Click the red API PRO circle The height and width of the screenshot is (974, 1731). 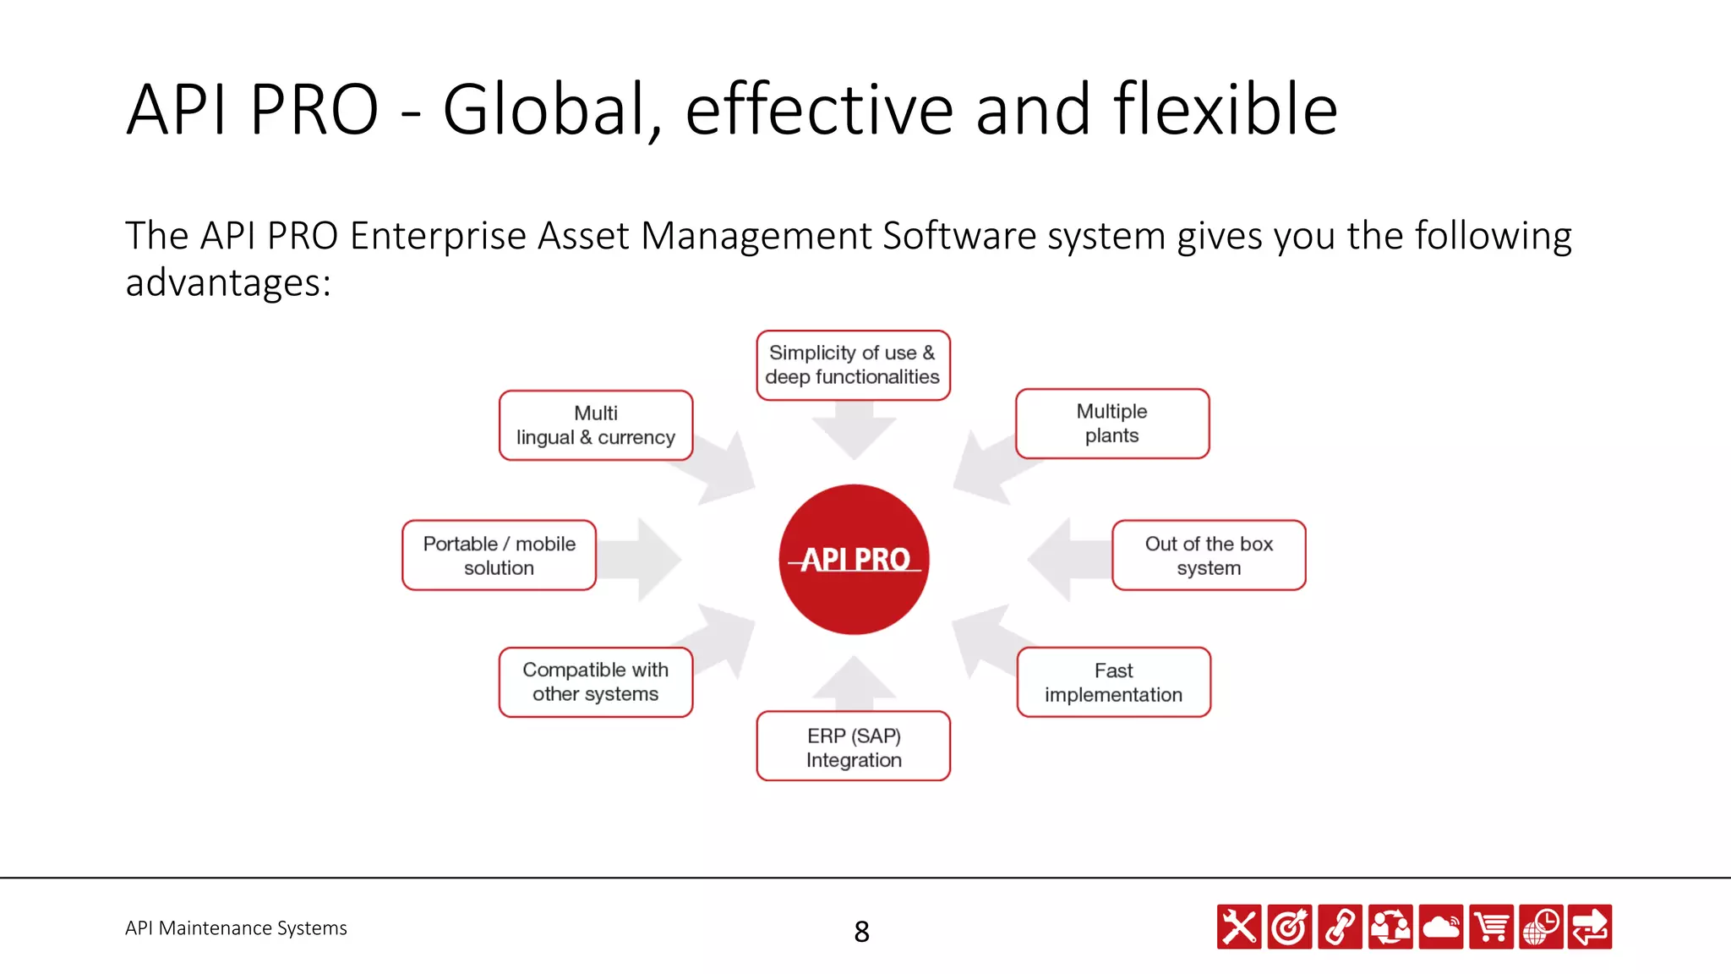pyautogui.click(x=854, y=559)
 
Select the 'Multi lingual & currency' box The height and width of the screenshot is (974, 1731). pyautogui.click(x=596, y=425)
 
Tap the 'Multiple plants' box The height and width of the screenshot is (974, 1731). pyautogui.click(x=1112, y=424)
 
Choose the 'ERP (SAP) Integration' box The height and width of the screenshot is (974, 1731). pyautogui.click(x=854, y=747)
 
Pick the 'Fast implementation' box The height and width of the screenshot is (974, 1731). pyautogui.click(x=1114, y=682)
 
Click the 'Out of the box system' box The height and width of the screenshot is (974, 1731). pyautogui.click(x=1209, y=555)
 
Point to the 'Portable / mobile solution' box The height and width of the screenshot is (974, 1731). pyautogui.click(x=499, y=555)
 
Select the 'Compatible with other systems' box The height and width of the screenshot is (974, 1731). pyautogui.click(x=596, y=682)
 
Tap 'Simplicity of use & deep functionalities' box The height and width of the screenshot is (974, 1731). pyautogui.click(x=853, y=365)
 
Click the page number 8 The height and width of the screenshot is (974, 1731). pyautogui.click(x=861, y=932)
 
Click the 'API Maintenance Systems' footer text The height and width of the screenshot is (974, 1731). pyautogui.click(x=236, y=928)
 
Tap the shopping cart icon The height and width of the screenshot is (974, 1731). pyautogui.click(x=1491, y=927)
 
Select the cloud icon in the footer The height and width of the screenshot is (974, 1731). pyautogui.click(x=1440, y=927)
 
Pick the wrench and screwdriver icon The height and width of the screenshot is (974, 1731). pyautogui.click(x=1239, y=927)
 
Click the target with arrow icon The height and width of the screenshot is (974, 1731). pyautogui.click(x=1290, y=927)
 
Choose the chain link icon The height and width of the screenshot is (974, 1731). pyautogui.click(x=1340, y=927)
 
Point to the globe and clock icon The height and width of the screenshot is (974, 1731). pyautogui.click(x=1541, y=927)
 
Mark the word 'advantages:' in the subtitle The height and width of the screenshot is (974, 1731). pyautogui.click(x=228, y=282)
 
